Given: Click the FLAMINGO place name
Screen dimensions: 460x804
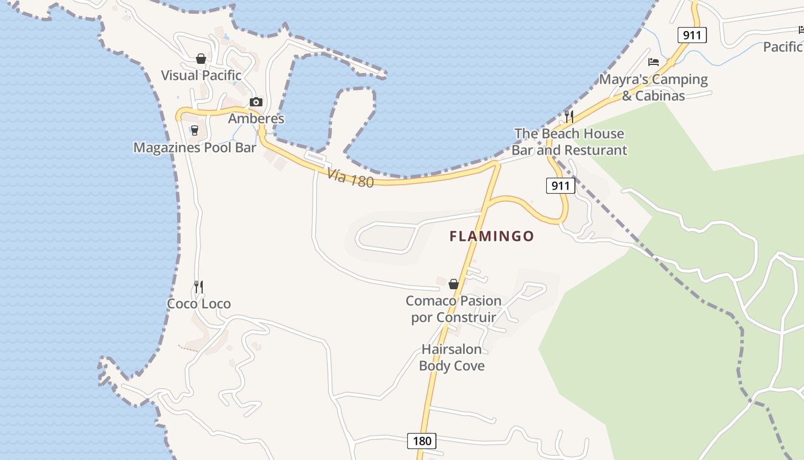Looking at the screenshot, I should pos(492,236).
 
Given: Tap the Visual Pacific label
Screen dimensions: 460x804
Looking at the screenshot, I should pos(201,75).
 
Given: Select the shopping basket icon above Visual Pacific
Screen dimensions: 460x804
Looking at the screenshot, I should pos(201,59).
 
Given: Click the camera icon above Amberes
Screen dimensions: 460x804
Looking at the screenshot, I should pos(256,102).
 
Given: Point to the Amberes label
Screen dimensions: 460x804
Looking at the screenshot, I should pos(256,119).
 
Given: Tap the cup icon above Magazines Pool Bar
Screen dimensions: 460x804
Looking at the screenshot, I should pos(195,131).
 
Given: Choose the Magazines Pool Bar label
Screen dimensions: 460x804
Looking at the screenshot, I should pos(195,148).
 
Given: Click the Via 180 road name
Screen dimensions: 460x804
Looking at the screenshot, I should pos(350,178).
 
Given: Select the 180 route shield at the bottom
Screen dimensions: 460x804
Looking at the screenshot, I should pos(422,441).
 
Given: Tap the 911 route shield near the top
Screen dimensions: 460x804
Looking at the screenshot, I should pos(692,35).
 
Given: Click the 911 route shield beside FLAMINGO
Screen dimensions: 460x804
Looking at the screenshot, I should pos(560,186).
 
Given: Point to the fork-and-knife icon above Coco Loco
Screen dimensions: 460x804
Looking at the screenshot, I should pos(199,286).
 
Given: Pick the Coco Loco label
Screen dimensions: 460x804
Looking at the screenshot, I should pos(199,304).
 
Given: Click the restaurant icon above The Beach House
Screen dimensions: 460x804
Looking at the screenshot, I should pos(569,116).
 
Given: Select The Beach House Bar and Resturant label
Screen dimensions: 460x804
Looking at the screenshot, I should pos(569,142).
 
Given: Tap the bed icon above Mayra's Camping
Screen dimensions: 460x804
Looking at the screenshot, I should pos(654,62).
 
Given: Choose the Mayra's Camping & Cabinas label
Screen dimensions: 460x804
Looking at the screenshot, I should pos(654,87).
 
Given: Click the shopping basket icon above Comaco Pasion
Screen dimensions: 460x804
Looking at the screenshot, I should pos(454,284).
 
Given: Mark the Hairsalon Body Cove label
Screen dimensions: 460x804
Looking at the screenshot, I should pos(452,357).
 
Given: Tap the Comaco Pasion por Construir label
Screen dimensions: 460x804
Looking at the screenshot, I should pos(454,309).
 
